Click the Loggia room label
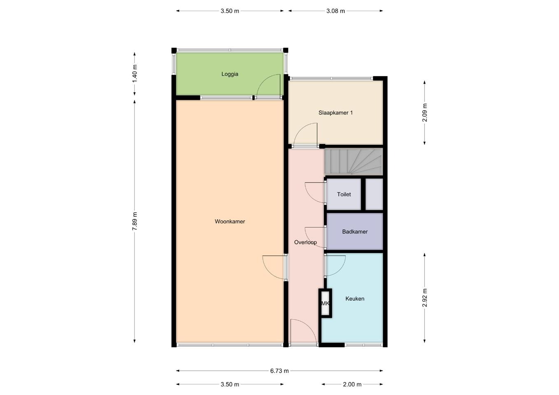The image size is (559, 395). click(x=230, y=74)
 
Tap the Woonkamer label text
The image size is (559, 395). click(x=230, y=221)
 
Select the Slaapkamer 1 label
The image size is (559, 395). click(x=335, y=113)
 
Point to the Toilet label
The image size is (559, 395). click(x=344, y=194)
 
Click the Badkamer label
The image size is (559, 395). click(x=354, y=232)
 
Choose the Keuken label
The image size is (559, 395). click(x=354, y=298)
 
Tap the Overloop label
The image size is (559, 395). click(x=305, y=242)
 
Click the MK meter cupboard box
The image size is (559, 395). click(x=325, y=303)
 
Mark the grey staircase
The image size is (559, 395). click(x=353, y=162)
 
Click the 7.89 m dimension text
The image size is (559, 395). click(x=135, y=221)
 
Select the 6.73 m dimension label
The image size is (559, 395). click(x=279, y=371)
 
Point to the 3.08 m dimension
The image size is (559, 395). click(x=335, y=11)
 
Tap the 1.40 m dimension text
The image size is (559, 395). click(x=135, y=74)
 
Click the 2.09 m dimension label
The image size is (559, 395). click(x=424, y=112)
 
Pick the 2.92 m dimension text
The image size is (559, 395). click(x=424, y=297)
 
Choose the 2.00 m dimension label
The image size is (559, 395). click(x=352, y=384)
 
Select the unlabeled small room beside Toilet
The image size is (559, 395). click(x=374, y=194)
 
